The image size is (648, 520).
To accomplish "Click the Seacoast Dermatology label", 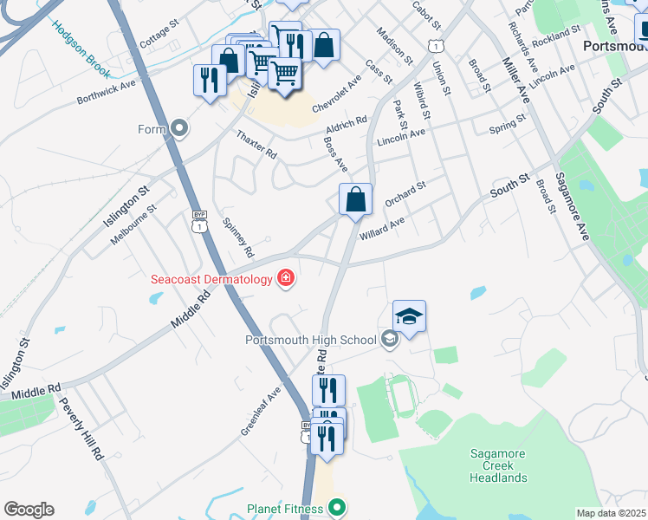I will [212, 279].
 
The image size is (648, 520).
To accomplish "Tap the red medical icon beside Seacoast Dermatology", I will [285, 278].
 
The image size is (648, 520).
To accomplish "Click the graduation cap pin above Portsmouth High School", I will [409, 316].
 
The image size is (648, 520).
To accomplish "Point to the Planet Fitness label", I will [285, 509].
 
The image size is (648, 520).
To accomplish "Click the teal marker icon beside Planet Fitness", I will [337, 508].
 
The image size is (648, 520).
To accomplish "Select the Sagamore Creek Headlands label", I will [498, 465].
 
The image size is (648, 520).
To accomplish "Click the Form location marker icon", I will [180, 129].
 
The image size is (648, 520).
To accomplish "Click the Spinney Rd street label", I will [238, 237].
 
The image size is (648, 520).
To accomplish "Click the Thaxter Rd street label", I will [256, 144].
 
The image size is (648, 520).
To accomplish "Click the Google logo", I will [29, 509].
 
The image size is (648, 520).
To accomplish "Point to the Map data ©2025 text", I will [612, 513].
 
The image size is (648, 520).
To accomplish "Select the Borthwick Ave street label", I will [107, 93].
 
